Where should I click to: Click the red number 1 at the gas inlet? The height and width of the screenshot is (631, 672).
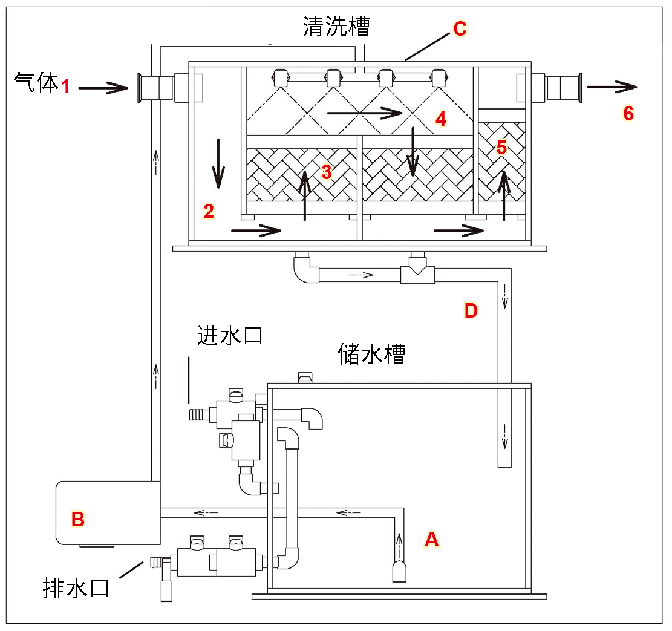coord(66,87)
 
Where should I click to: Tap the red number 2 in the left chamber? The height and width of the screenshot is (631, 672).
coord(209,211)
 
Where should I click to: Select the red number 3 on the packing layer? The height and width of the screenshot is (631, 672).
coord(327,172)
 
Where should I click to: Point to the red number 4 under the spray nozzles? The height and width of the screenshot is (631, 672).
coord(441,119)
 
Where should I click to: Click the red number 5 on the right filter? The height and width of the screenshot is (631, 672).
coord(501,148)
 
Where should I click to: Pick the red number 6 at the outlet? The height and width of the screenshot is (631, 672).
coord(628,114)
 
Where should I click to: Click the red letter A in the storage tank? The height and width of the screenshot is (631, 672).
coord(431,538)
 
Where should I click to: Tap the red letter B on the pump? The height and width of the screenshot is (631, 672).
coord(78,518)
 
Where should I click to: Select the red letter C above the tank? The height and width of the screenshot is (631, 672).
coord(460,28)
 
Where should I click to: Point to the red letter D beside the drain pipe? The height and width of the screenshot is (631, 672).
coord(471,311)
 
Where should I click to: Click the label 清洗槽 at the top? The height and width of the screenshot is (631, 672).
coord(336,27)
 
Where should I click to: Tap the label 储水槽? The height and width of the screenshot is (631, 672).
coord(371,354)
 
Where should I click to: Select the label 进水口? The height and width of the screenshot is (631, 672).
coord(230,335)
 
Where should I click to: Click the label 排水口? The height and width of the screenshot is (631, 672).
coord(76,587)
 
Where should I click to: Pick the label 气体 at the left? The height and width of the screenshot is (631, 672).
coord(34,83)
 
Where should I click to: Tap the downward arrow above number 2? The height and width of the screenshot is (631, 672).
coord(218,163)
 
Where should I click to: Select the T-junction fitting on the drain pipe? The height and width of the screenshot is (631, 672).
coord(418,272)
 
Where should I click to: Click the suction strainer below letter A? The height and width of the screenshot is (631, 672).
coord(399,571)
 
